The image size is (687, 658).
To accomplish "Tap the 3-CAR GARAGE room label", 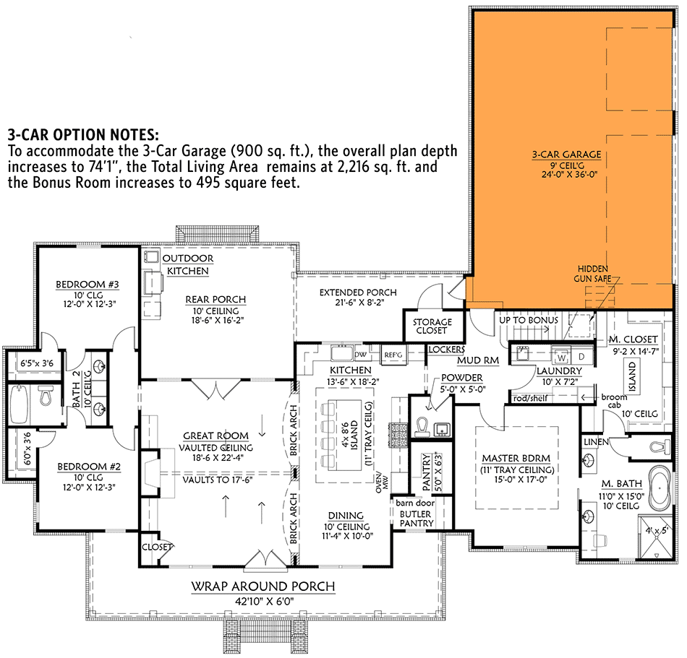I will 566,155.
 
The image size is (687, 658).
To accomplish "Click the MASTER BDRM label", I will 516,458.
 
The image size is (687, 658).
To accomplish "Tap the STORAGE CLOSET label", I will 432,326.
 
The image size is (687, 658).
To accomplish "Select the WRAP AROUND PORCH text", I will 263,586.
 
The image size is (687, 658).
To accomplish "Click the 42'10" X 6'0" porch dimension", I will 263,601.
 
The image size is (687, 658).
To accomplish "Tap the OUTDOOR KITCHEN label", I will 187,264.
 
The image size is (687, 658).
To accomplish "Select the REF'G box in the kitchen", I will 393,355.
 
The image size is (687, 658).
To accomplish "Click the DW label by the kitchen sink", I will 360,355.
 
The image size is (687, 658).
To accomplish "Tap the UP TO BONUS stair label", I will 528,319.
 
